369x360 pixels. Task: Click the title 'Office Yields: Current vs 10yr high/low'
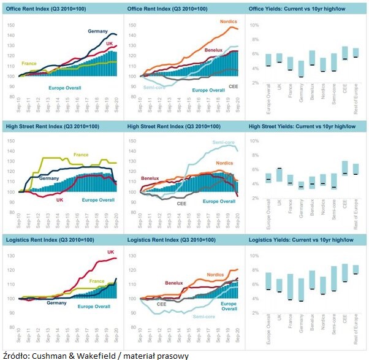click(x=299, y=8)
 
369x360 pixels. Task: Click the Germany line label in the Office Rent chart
click(x=97, y=31)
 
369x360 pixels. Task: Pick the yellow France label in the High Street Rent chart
click(x=81, y=155)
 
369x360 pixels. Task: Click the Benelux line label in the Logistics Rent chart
click(x=173, y=283)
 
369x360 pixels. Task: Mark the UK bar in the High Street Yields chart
click(x=280, y=175)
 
